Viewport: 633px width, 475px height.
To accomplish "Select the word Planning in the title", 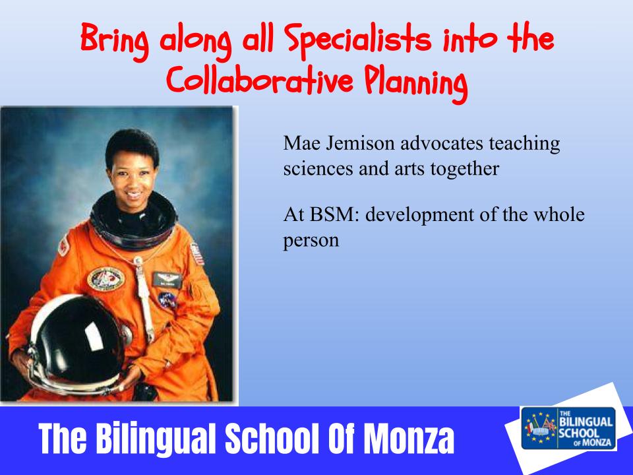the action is coord(416,83).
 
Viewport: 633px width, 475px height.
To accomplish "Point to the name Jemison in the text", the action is coord(360,143).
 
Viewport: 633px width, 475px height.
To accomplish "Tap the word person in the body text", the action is coord(311,241).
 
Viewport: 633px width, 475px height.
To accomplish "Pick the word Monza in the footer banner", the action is coord(409,438).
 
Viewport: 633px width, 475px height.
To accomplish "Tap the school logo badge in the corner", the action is coord(568,428).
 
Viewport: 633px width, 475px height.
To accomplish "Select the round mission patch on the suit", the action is coord(105,278).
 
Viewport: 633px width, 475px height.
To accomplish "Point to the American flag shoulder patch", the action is coord(197,254).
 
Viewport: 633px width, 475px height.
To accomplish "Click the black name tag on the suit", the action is coord(167,280).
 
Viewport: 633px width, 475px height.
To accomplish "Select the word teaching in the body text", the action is coord(524,144).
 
